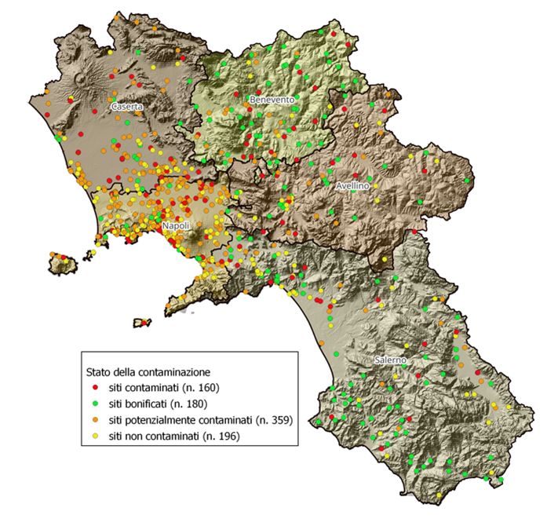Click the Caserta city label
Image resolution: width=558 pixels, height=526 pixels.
[x=128, y=106]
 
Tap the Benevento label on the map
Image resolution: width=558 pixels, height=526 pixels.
[x=272, y=100]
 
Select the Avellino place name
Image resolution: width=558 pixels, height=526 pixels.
[x=352, y=187]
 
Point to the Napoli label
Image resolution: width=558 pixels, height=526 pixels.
[x=176, y=226]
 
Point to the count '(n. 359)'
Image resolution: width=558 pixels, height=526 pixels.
[x=273, y=420]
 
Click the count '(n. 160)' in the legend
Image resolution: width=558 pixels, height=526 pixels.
[x=200, y=388]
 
